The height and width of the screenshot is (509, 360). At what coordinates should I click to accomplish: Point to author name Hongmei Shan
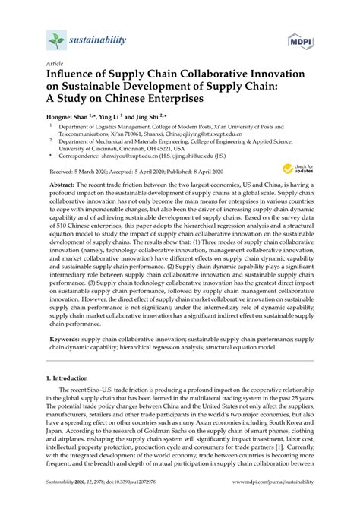pyautogui.click(x=70, y=118)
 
